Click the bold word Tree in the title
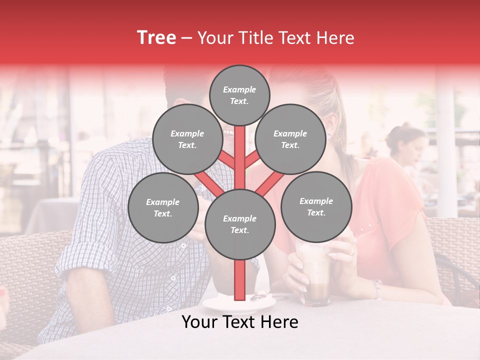(x=156, y=38)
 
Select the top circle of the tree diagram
(x=239, y=95)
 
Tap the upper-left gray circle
(x=187, y=139)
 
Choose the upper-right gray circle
(x=290, y=139)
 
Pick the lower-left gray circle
(x=163, y=208)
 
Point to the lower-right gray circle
(x=316, y=206)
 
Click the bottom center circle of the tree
(x=240, y=224)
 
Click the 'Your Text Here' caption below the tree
(x=240, y=322)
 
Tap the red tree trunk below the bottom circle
(x=240, y=280)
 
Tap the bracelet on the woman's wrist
(x=376, y=287)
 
